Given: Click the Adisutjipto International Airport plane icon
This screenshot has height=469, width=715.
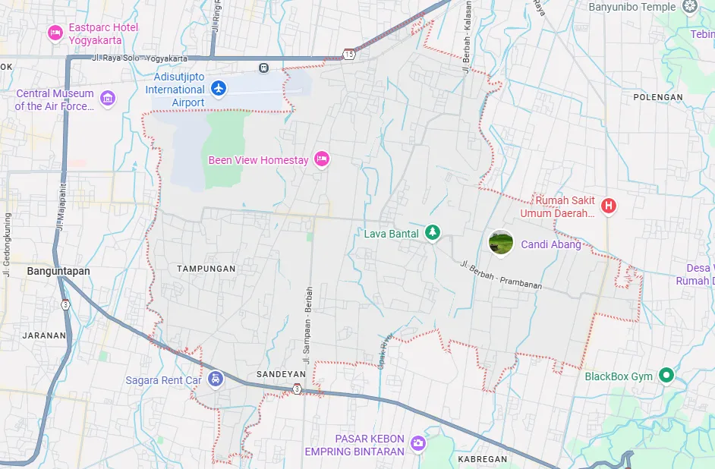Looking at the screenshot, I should coord(219,89).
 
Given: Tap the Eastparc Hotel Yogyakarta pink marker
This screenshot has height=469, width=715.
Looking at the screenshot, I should coord(55,32).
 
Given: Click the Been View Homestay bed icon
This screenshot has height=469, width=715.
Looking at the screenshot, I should coord(321,159).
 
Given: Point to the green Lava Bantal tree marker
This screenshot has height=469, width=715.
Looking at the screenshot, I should coord(432,232).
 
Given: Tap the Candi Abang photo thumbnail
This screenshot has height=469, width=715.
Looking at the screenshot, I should coord(501,242).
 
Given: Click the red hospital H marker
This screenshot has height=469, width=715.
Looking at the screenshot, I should coord(608,205).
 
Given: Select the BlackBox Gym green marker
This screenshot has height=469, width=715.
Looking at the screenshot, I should coord(666,375).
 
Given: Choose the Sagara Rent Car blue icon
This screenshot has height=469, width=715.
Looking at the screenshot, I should coord(216,378).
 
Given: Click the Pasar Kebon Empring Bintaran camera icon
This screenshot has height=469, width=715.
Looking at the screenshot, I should coord(417,443).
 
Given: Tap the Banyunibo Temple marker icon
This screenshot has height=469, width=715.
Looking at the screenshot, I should coord(690,7).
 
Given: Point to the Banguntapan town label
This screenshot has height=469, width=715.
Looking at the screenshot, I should coord(58,271).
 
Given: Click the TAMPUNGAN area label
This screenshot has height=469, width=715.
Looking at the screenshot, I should coord(206,269).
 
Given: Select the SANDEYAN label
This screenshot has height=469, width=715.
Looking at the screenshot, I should coord(281,374).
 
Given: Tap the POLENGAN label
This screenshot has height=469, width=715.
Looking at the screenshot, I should coord(658,97).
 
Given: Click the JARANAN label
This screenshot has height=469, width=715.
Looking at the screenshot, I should coord(44,335).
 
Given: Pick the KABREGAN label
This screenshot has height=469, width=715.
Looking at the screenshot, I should coord(482,459).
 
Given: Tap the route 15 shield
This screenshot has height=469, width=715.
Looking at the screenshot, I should coord(348,54).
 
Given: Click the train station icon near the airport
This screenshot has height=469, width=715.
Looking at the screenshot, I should coord(263,67).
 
